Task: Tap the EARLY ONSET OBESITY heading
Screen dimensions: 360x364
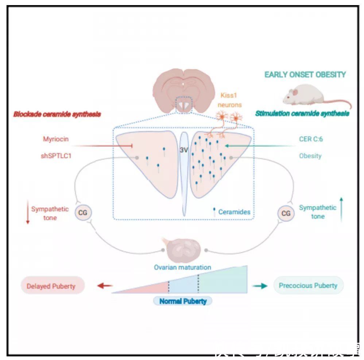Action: click(x=305, y=75)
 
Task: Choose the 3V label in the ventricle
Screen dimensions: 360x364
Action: click(x=183, y=150)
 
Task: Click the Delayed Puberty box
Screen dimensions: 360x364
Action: click(x=53, y=286)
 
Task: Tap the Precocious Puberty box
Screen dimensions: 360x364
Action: click(x=308, y=285)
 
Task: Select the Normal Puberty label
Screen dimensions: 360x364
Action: click(x=183, y=301)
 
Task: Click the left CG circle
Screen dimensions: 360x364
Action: click(x=83, y=212)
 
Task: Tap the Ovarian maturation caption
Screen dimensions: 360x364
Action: click(x=182, y=267)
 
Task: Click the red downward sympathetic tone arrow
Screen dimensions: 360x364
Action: click(x=27, y=214)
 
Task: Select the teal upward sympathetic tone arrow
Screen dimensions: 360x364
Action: click(x=341, y=210)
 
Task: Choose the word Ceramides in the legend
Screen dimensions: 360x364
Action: click(x=235, y=212)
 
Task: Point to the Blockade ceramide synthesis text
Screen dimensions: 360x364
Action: click(x=57, y=114)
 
